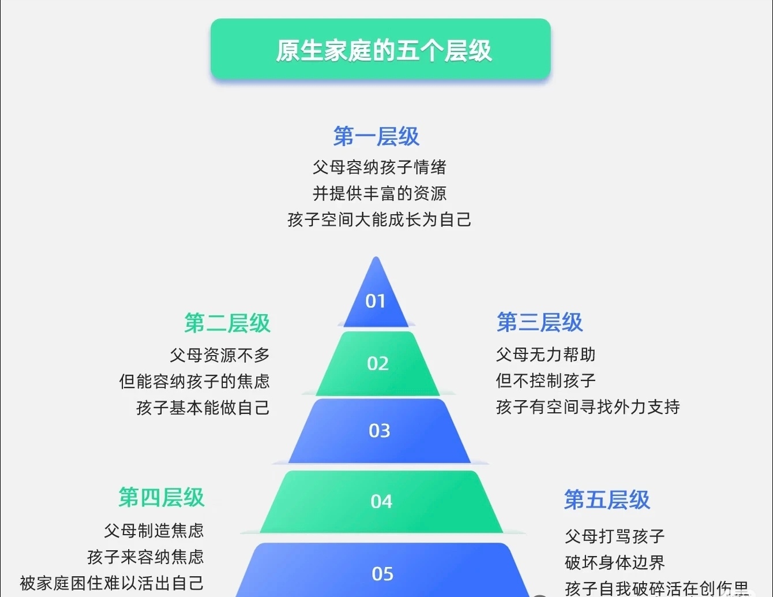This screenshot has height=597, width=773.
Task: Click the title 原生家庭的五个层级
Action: tap(383, 51)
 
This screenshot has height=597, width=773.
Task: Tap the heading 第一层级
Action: tap(376, 137)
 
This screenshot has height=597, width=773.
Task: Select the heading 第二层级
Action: tap(227, 323)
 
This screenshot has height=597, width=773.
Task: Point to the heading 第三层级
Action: tap(539, 322)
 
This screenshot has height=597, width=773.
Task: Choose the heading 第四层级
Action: tap(162, 498)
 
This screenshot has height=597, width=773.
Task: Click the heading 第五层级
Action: tap(607, 500)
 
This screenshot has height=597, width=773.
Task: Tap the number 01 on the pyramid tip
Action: tap(376, 301)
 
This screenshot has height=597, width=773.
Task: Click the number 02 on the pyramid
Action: tap(378, 364)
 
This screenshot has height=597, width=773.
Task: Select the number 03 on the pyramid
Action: tap(380, 431)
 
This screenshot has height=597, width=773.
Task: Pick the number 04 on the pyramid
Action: tap(381, 502)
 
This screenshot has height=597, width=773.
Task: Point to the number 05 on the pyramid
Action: tap(382, 574)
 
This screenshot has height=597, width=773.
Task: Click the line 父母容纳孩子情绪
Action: tap(380, 167)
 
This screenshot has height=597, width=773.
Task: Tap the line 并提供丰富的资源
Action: tap(380, 193)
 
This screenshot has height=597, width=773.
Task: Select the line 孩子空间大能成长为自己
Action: tap(380, 220)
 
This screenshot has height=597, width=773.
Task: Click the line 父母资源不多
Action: tap(220, 355)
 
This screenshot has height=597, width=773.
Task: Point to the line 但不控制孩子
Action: tap(546, 381)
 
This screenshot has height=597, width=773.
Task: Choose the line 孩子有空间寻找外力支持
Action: tap(588, 407)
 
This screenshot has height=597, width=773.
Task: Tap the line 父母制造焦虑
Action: tap(154, 531)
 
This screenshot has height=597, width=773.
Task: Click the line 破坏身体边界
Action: tap(615, 563)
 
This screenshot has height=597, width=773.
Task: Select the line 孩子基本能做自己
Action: tap(203, 408)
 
